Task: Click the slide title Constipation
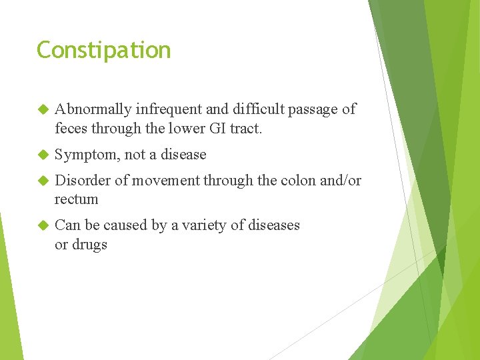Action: (103, 51)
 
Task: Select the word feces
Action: (71, 128)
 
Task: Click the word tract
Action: (246, 128)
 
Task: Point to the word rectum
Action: (76, 199)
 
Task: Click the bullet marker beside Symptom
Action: (43, 155)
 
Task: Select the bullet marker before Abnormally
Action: (43, 109)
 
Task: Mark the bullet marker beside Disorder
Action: (43, 181)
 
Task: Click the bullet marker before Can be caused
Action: (43, 225)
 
